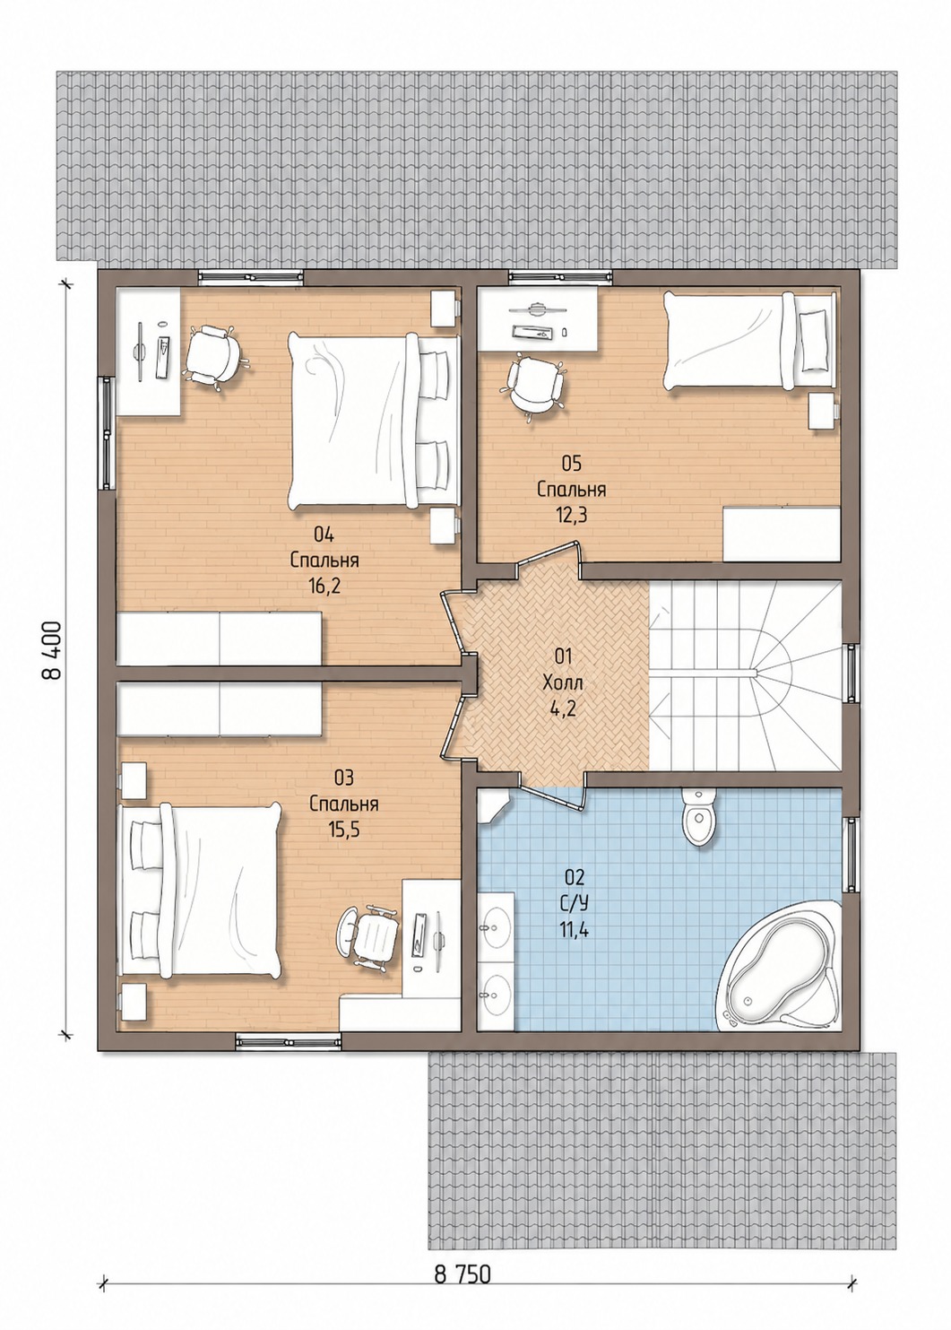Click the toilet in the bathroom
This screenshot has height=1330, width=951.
699,818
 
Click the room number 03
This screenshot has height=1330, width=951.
343,777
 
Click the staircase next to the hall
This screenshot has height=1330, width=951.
746,675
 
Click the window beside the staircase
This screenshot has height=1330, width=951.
852,674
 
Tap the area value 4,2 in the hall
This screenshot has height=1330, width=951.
563,708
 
